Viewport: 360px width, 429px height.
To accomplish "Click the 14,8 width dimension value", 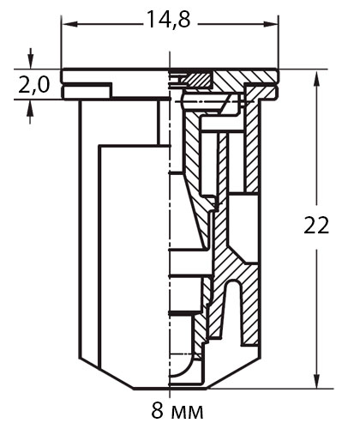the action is pos(168,20).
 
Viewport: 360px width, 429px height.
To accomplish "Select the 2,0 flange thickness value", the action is pos(33,85).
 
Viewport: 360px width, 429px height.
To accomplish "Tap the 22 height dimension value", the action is pos(316,226).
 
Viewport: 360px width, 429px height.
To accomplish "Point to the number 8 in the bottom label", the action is pos(159,411).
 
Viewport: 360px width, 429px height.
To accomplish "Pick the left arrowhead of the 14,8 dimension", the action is pos(70,25).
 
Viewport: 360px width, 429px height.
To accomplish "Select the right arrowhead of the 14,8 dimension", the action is pos(271,25).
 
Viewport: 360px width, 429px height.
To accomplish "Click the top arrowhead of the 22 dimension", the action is pos(316,78).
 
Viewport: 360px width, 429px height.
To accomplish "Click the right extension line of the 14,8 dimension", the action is pos(279,41).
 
